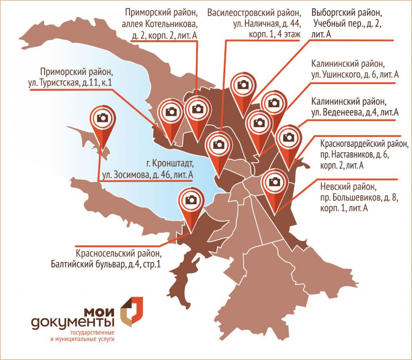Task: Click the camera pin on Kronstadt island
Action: coord(103,118)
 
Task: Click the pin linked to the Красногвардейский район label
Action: coord(288,137)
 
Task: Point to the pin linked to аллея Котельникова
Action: coord(197,109)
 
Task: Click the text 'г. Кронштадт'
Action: coord(170,164)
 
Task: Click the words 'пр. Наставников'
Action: coord(345,154)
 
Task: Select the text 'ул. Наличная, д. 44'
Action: coord(266,24)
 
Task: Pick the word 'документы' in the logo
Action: coord(73,323)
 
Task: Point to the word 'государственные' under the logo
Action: coord(92,333)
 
